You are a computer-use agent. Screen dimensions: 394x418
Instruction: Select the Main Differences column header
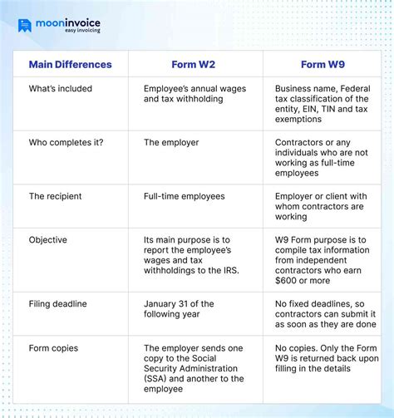click(70, 64)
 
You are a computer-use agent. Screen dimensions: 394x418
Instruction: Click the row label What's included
click(61, 89)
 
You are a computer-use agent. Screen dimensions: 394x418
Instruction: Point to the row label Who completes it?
click(67, 143)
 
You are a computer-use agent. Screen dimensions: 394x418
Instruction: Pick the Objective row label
click(48, 240)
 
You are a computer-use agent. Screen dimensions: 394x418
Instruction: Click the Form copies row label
click(55, 348)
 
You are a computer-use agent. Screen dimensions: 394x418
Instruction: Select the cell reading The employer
click(171, 143)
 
